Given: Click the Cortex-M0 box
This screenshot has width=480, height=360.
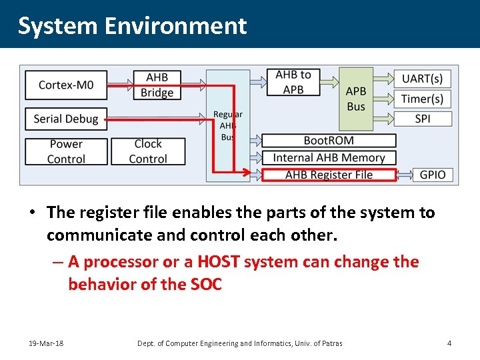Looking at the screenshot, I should coord(66,85).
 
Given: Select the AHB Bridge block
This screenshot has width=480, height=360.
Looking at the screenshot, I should coord(157,85).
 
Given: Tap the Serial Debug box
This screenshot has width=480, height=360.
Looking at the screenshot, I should coord(66,119).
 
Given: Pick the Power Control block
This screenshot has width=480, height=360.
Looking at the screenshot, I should coord(66,151).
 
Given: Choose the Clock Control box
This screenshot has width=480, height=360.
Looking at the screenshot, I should coord(148,151).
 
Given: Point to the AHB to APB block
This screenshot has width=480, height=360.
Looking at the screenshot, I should coord(293,82).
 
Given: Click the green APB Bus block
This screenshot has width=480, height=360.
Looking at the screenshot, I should coord(356,99).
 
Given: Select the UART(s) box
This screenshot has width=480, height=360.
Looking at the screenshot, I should coord(422,79).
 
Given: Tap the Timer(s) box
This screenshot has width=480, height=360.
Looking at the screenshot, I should coord(422,99).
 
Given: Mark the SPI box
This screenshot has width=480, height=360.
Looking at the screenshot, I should coord(422,119).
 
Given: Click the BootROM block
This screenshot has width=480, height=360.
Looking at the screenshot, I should coord(329,141).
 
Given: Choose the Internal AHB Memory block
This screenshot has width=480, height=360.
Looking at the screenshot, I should coord(329,158).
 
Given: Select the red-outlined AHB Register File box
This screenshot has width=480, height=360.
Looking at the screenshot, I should coord(329,175).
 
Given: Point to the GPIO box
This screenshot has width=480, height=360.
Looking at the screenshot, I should coord(433,175).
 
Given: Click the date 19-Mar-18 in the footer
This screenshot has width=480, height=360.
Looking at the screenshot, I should coord(46,343).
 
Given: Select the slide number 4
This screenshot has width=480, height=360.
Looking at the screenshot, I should coord(449,343).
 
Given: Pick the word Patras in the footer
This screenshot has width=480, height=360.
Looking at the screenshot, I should coord(330,343).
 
